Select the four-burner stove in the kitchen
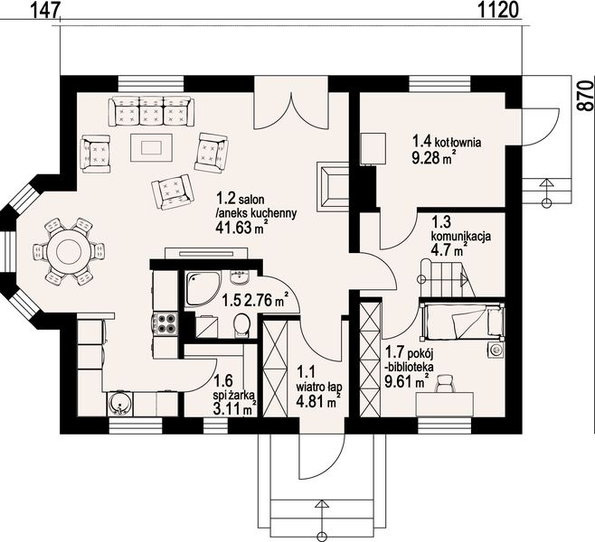(165, 322)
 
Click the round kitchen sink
(119, 405)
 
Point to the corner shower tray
(202, 289)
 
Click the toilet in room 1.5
(241, 326)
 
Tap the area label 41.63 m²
(239, 227)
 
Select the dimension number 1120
(497, 10)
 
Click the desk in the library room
(445, 405)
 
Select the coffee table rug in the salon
(151, 147)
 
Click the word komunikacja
(461, 236)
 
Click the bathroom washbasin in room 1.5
(239, 277)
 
